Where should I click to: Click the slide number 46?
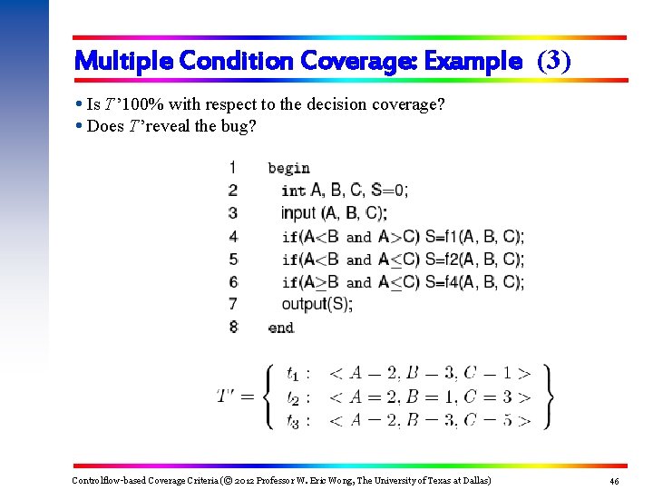coord(614,480)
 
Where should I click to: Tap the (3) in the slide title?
coord(554,61)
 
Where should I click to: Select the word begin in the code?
coord(288,168)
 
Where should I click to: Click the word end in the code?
coord(280,327)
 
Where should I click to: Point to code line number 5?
coord(233,259)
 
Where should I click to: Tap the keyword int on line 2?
coord(293,191)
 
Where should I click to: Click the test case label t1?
coord(293,373)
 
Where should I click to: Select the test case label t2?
coord(293,397)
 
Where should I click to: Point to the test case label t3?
coord(293,420)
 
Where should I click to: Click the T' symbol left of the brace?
coord(229,396)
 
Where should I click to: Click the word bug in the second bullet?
coord(244,126)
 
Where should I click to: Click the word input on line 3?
coord(298,213)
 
